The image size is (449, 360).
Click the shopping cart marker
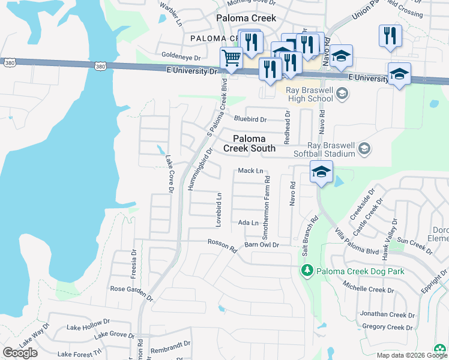pos(231,59)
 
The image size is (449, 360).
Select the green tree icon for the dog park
pos(307,272)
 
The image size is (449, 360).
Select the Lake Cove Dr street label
pos(169,174)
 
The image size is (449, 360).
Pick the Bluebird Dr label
pos(249,119)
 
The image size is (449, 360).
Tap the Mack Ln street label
pos(251,171)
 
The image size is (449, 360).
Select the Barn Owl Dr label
pos(262,245)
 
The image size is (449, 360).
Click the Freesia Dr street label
pos(134,264)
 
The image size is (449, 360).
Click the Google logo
pos(20,353)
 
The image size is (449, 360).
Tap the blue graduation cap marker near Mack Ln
pos(321,172)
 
